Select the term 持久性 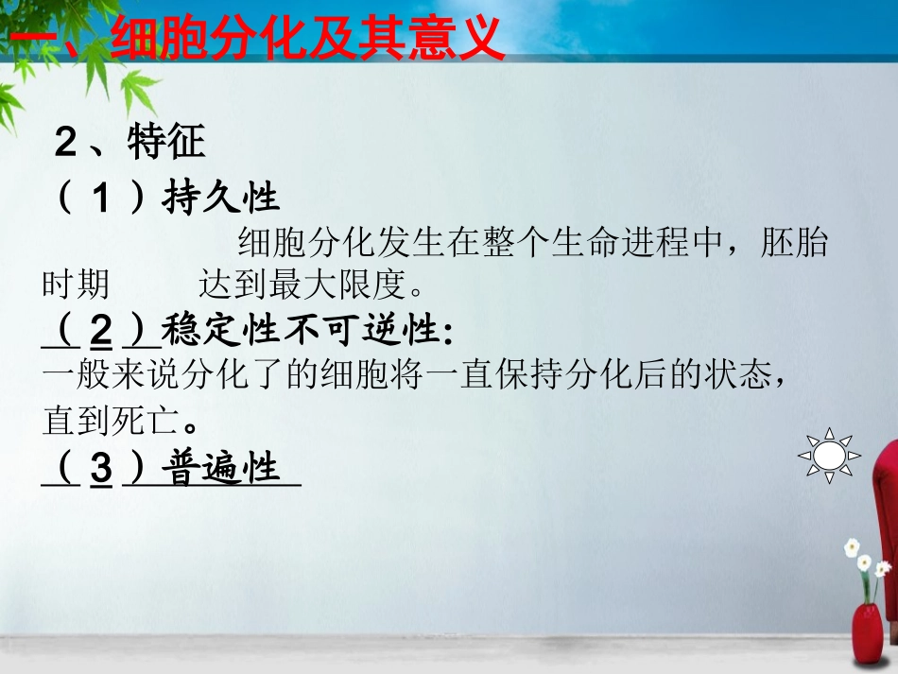tap(220, 199)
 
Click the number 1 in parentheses tap(101, 199)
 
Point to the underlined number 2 tap(101, 331)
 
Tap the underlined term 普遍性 tap(224, 469)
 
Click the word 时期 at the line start tap(76, 284)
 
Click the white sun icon tap(829, 456)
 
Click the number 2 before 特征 tap(65, 144)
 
